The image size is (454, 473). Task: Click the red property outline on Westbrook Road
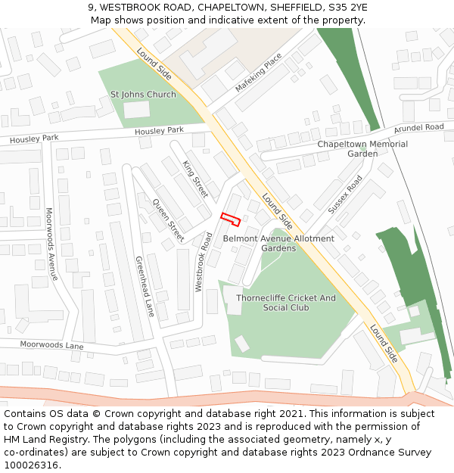[x=230, y=219]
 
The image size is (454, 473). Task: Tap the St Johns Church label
[x=143, y=95]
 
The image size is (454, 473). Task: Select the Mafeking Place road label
[x=258, y=73]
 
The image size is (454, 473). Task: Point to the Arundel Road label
[x=418, y=128]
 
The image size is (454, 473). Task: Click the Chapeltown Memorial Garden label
[x=362, y=148]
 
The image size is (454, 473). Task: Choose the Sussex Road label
[x=345, y=194]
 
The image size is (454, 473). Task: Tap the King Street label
[x=195, y=179]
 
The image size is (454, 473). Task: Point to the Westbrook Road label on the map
[x=204, y=262]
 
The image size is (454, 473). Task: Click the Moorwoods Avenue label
[x=51, y=244]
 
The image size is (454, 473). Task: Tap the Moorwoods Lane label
[x=51, y=346]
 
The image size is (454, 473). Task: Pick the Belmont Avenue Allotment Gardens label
[x=278, y=243]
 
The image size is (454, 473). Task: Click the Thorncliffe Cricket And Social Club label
[x=285, y=303]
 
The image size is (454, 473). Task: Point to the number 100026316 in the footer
[x=30, y=465]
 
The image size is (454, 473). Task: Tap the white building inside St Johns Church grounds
[x=137, y=110]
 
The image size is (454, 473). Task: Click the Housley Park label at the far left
[x=33, y=138]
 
